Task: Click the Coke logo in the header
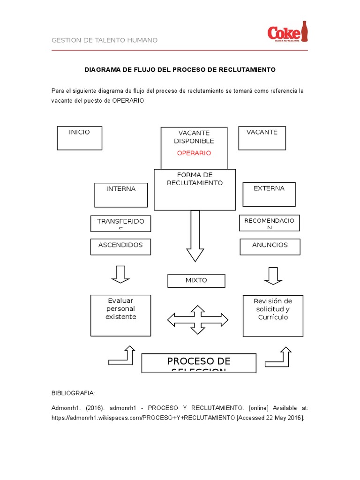(x=287, y=32)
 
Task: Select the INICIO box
(x=79, y=138)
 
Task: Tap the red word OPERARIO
(x=194, y=153)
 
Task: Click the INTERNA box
(x=121, y=195)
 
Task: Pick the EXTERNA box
(x=269, y=194)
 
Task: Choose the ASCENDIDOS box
(x=120, y=247)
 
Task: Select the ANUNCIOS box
(x=270, y=247)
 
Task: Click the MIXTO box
(x=196, y=281)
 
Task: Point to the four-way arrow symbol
(x=198, y=320)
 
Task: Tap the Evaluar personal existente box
(x=120, y=315)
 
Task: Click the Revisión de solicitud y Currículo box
(x=273, y=315)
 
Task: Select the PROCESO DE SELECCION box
(x=199, y=363)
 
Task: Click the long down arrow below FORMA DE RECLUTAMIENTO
(x=195, y=235)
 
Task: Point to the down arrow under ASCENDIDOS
(x=120, y=274)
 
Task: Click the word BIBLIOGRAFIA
(x=73, y=393)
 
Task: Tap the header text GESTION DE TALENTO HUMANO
(x=105, y=40)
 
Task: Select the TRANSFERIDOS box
(x=120, y=224)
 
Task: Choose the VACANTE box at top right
(x=262, y=138)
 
